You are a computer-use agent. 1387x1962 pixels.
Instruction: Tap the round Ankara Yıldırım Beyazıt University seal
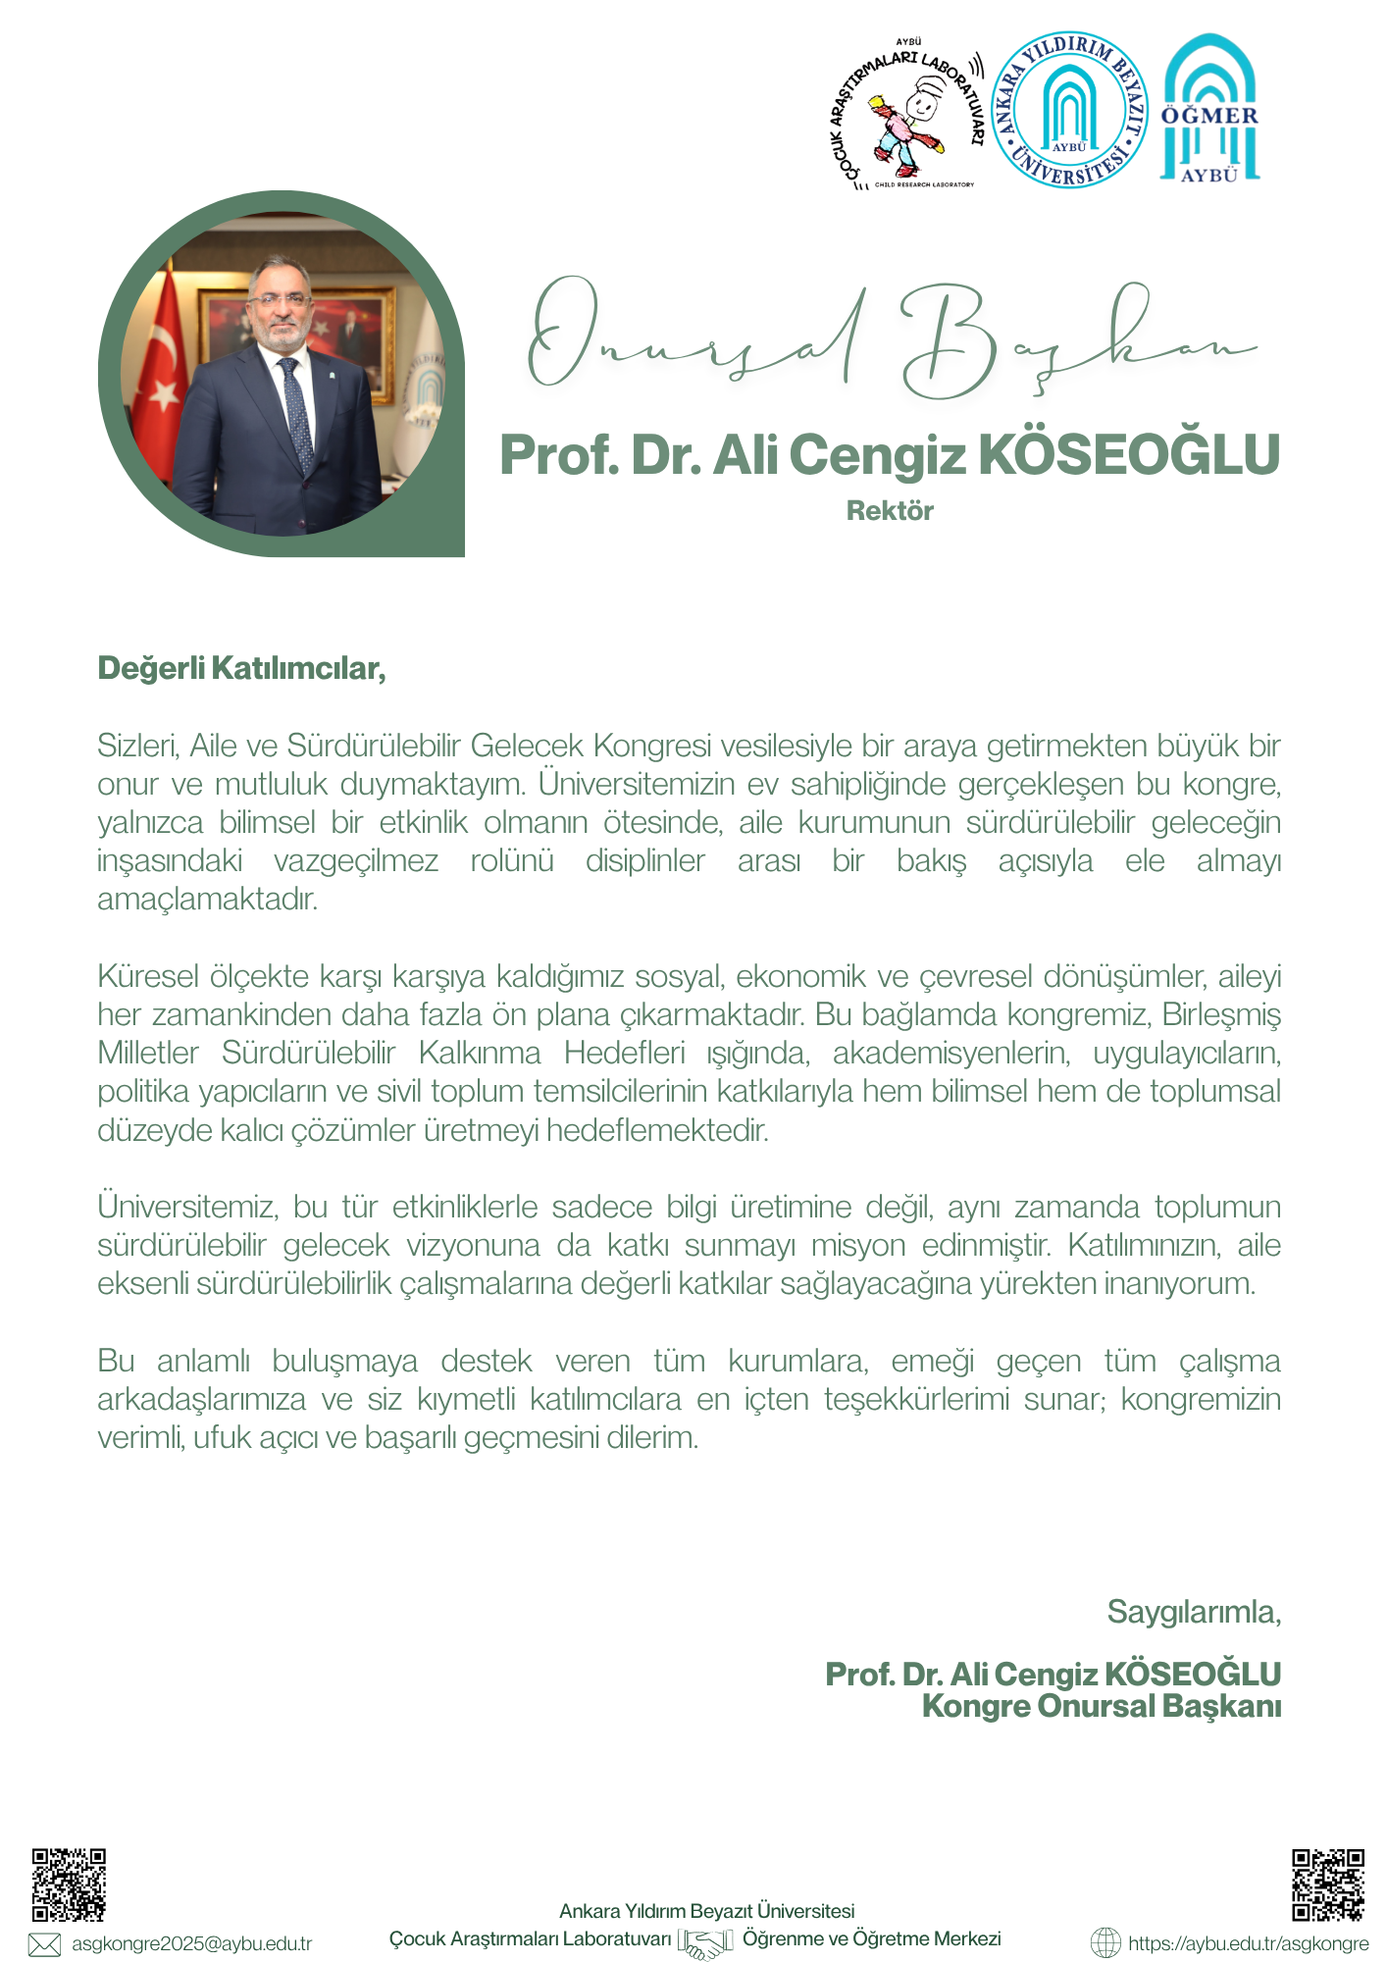[1069, 110]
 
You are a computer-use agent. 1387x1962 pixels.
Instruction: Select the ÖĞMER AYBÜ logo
[1209, 110]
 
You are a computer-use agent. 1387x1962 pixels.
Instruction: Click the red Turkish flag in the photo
[162, 353]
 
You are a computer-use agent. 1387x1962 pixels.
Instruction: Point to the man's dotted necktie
[296, 412]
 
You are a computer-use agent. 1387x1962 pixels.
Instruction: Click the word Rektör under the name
[890, 511]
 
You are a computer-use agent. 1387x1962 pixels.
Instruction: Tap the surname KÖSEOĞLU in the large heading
[1130, 455]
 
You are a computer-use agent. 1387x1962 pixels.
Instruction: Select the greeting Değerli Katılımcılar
[241, 668]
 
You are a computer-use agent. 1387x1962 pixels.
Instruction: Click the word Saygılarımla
[1194, 1611]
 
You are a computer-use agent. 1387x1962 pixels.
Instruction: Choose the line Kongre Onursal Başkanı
[1102, 1706]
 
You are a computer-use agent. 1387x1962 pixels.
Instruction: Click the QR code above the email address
[69, 1885]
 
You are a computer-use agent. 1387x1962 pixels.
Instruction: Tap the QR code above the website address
[1327, 1885]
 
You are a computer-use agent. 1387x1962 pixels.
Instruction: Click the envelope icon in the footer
[44, 1944]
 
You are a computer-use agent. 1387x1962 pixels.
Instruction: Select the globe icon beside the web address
[1105, 1942]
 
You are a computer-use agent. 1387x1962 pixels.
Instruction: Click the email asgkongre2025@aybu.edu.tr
[192, 1943]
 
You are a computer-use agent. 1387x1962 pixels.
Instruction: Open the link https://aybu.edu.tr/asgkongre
[1248, 1943]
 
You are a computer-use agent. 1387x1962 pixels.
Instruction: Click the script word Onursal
[696, 338]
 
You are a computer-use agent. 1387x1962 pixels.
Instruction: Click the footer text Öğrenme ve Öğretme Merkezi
[871, 1938]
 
